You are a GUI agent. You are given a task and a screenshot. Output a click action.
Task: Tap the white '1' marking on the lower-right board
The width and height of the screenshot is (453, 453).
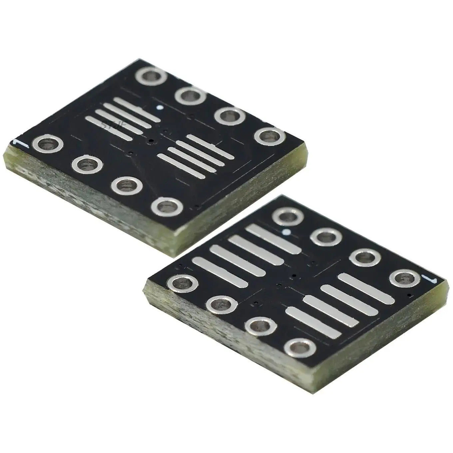click(427, 279)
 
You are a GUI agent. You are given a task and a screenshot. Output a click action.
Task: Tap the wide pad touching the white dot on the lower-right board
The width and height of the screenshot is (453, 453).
click(273, 239)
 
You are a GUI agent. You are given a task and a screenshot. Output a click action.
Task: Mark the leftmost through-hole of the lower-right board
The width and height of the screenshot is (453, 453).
click(183, 284)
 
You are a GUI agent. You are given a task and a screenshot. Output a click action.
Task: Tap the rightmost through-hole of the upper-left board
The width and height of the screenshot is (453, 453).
click(269, 137)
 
